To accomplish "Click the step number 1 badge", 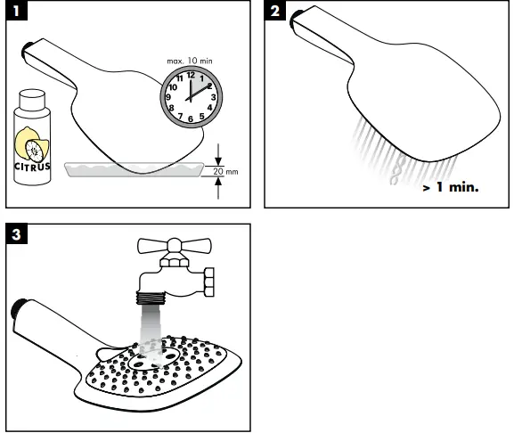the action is tap(16, 11).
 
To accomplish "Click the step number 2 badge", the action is tap(274, 11).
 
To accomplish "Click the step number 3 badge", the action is tap(16, 234).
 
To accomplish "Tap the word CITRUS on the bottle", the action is tap(32, 167).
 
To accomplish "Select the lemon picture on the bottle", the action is tap(32, 144).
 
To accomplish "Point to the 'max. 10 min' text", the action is tap(190, 61).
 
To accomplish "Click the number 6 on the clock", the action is tap(191, 119).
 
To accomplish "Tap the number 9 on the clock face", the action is tap(168, 97).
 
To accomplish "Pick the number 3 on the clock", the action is tap(214, 97).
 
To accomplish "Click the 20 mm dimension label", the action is tap(225, 171).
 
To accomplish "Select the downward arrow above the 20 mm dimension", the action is tap(218, 155).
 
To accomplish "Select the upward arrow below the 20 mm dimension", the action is tap(218, 188).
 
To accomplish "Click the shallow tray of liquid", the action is tap(135, 169).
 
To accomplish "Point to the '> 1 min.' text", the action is tap(451, 187).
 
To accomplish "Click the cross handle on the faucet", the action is tap(175, 246).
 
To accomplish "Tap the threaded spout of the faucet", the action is tap(151, 298).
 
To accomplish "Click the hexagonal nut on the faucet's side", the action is tap(209, 282).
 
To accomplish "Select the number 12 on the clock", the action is tap(191, 75).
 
